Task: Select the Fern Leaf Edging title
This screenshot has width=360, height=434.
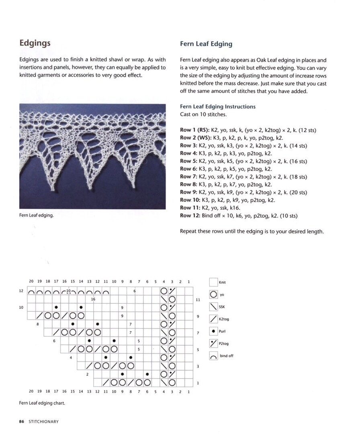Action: coord(206,44)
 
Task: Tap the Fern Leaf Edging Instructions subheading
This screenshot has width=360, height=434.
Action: coord(217,106)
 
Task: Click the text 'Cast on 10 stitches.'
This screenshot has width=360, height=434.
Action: coord(203,115)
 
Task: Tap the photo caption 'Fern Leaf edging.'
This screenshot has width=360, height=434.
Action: coord(36,215)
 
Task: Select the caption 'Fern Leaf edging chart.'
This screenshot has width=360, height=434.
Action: coord(42,403)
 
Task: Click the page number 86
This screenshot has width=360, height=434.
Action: coord(22,422)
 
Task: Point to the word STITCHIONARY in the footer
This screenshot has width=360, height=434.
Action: coord(43,422)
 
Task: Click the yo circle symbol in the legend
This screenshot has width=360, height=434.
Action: coord(213,295)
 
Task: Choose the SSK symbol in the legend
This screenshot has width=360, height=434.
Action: coord(213,307)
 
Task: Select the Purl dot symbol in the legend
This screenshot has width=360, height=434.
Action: coord(213,332)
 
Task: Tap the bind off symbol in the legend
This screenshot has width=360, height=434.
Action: coord(213,356)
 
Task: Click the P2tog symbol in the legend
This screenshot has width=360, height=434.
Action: coord(213,344)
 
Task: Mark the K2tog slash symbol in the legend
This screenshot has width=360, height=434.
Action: coord(213,319)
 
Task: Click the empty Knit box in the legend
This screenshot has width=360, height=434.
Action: coord(213,283)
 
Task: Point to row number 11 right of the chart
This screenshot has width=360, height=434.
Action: coord(198,300)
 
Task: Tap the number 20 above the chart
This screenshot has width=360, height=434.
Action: coord(31,282)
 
